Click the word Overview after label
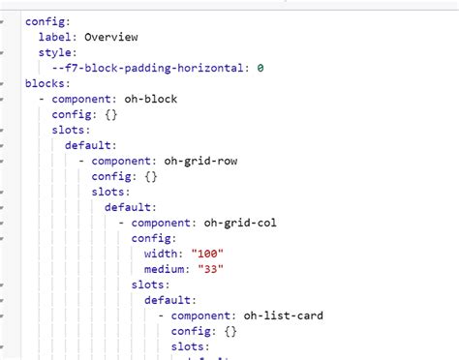(x=111, y=37)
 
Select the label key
(x=57, y=37)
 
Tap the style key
(x=57, y=52)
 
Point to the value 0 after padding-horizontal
(x=260, y=68)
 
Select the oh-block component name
(x=158, y=99)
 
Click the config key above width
(x=154, y=238)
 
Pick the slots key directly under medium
(x=151, y=285)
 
